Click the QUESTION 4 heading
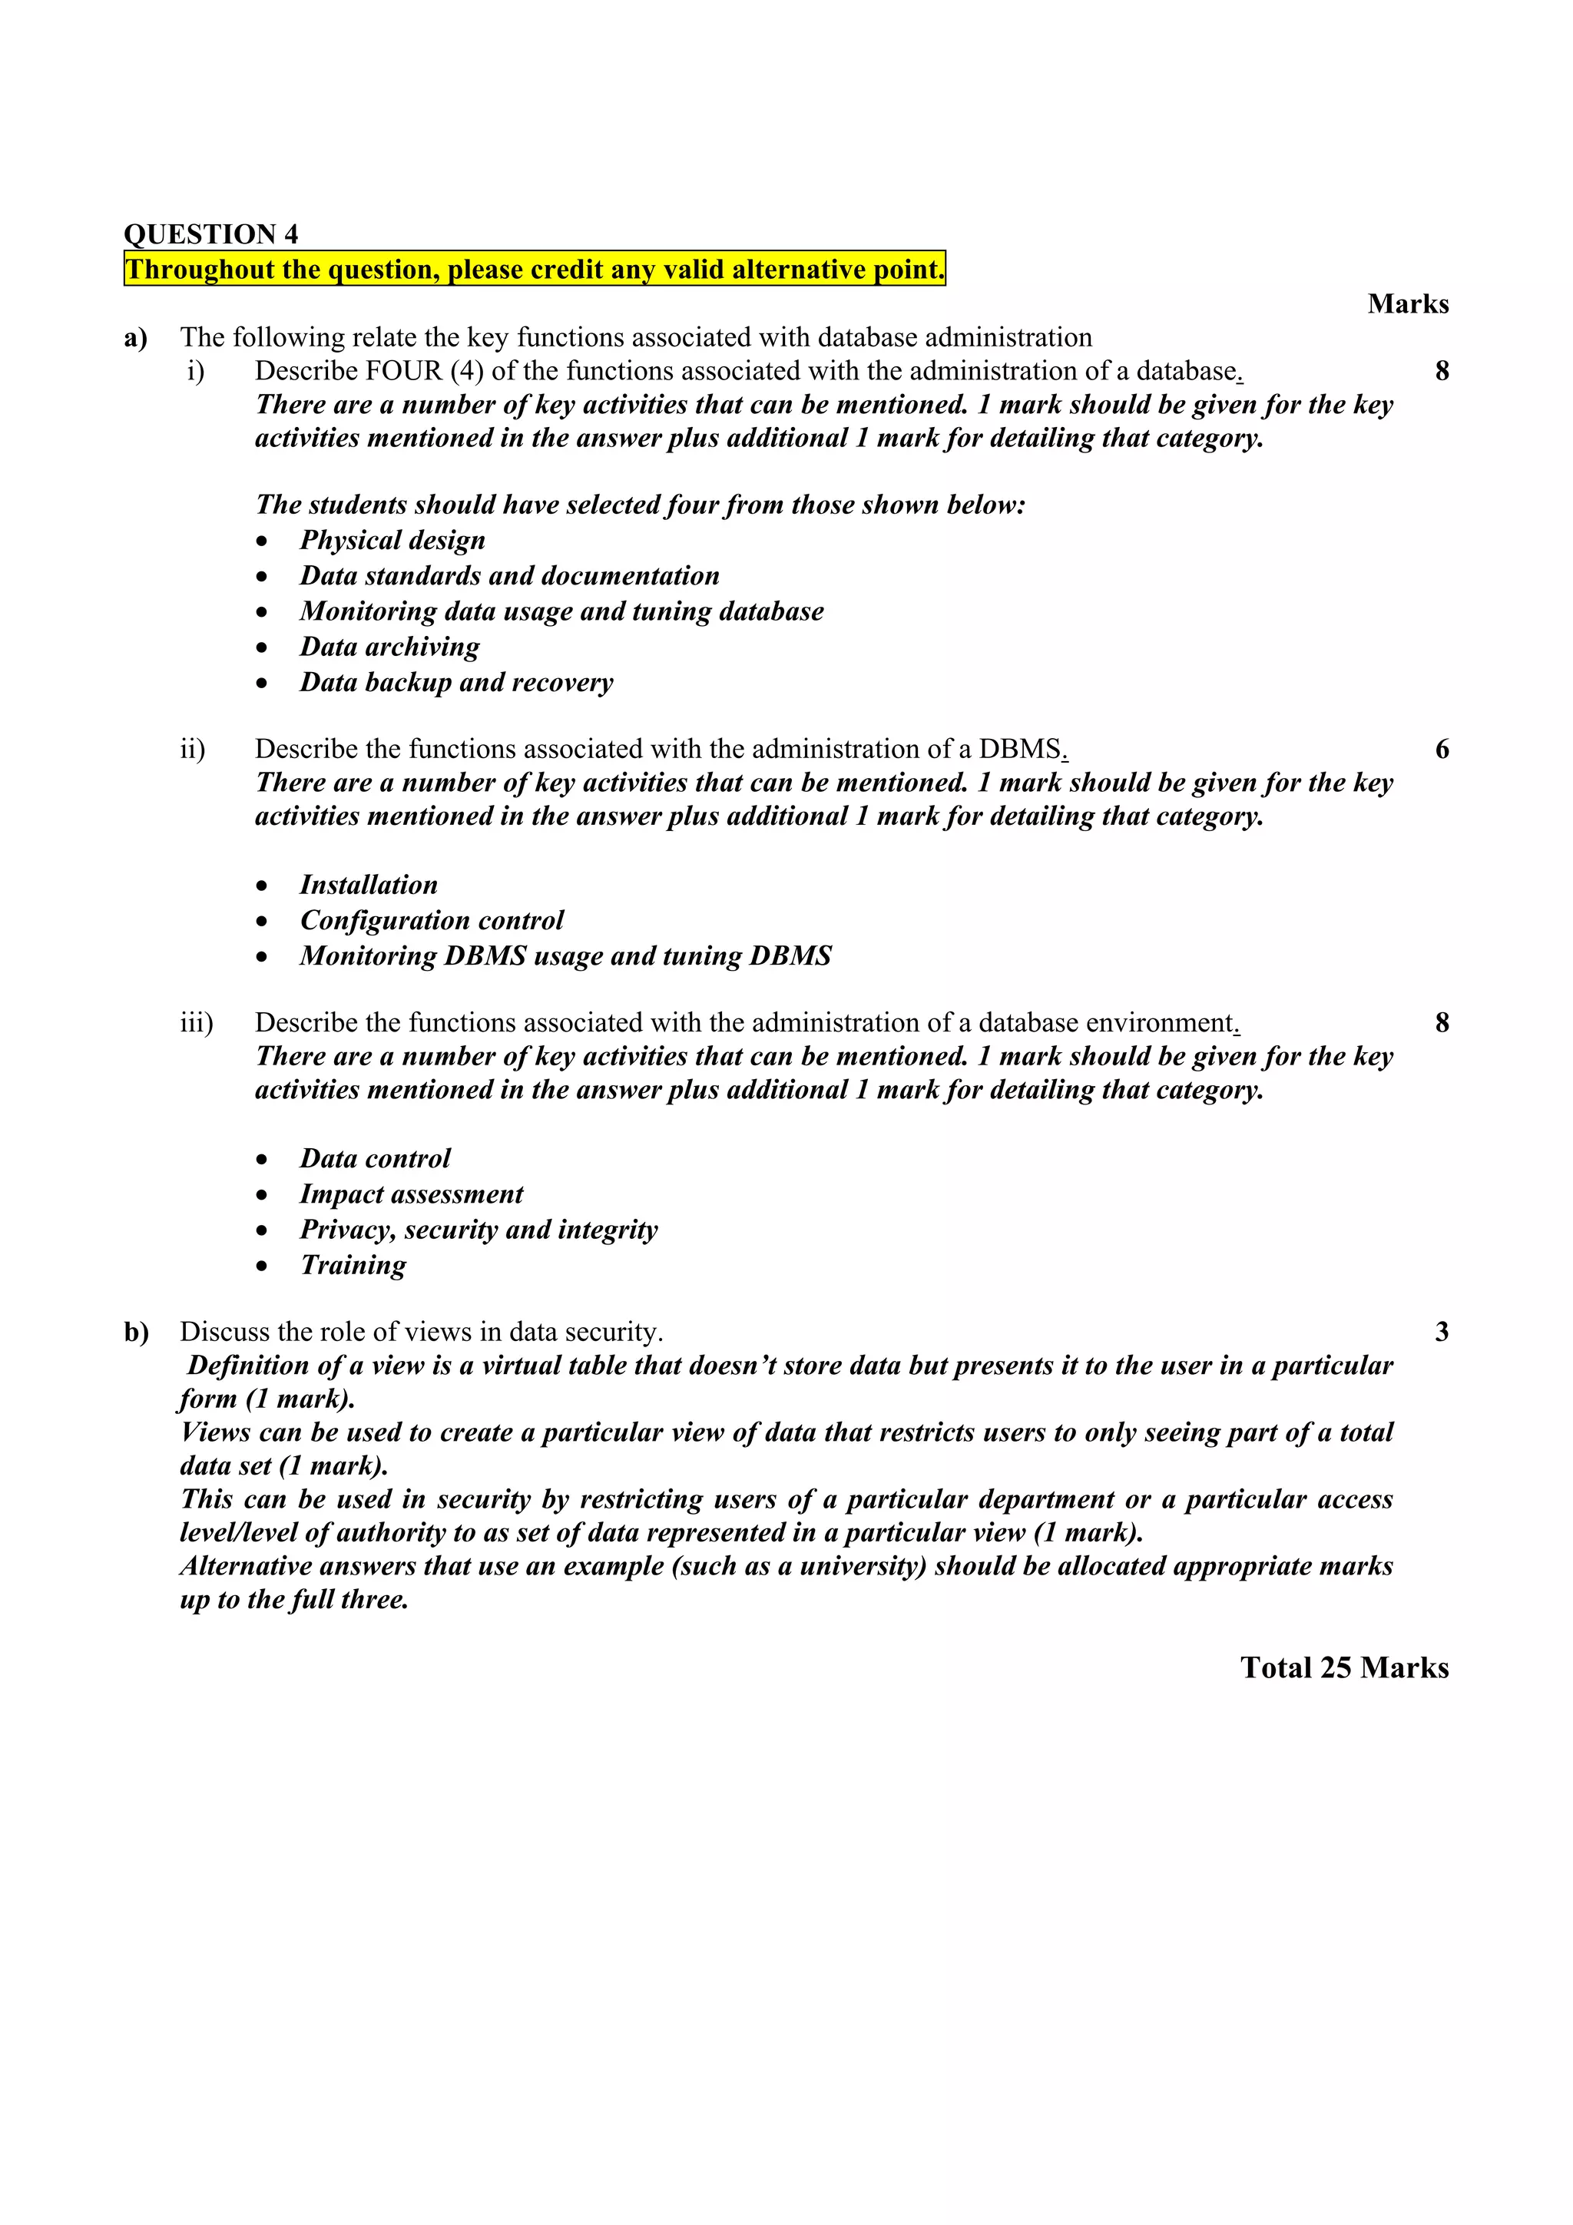coord(210,233)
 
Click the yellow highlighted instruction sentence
coord(534,269)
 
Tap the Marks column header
coord(1407,303)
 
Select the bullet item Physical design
coord(392,540)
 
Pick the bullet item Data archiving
coord(389,647)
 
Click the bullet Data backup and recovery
coord(456,682)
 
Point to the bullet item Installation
coord(369,885)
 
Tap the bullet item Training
coord(353,1265)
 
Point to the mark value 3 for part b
coord(1441,1332)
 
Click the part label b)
coord(136,1333)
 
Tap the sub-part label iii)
coord(196,1022)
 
